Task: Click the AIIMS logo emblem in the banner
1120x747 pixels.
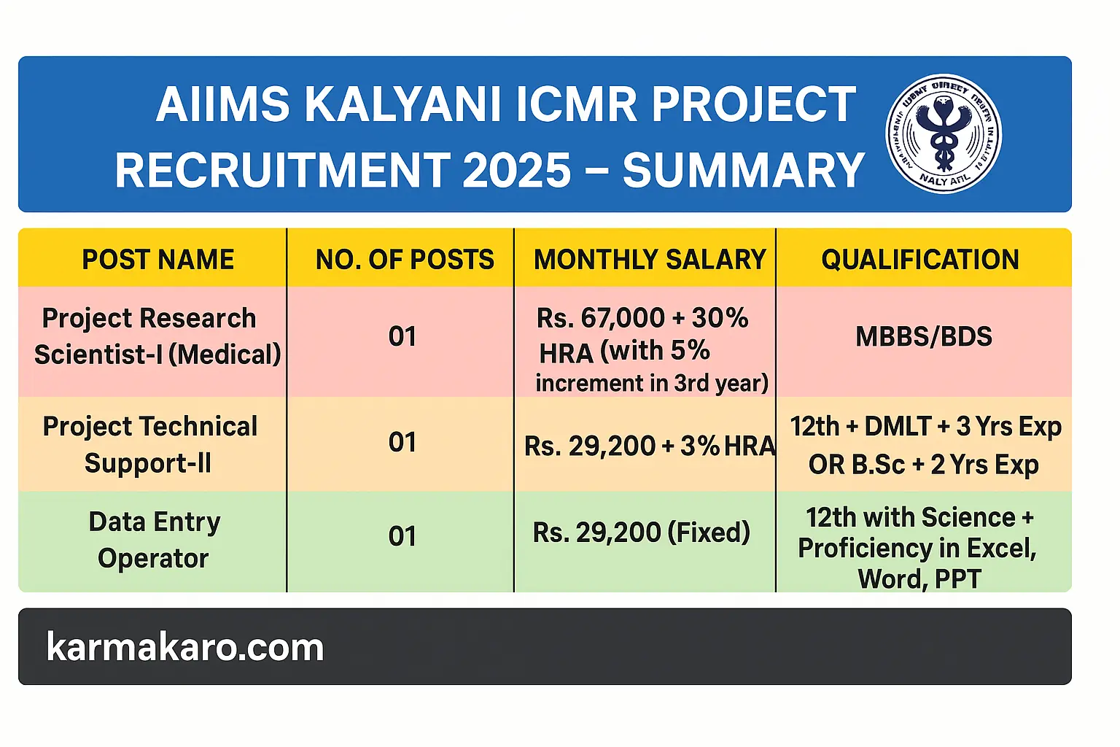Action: (944, 134)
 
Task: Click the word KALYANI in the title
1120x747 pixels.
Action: (402, 104)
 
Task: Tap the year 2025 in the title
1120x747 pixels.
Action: (517, 171)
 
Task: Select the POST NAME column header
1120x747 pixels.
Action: (157, 260)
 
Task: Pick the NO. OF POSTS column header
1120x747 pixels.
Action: (405, 260)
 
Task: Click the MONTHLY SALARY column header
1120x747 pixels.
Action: (650, 260)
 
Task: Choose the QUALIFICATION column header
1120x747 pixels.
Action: (920, 260)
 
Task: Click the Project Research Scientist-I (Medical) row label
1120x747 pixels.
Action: (157, 336)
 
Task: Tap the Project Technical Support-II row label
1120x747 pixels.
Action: (149, 444)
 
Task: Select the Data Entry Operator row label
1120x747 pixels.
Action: (154, 540)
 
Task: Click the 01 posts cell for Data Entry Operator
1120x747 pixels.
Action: (402, 537)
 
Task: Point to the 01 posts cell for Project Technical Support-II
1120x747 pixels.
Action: (402, 443)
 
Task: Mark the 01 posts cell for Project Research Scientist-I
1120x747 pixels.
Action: (402, 336)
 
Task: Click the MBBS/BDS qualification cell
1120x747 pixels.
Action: (924, 336)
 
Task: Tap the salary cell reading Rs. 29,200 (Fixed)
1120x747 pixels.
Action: (642, 533)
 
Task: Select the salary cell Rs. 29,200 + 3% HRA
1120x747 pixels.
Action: (649, 446)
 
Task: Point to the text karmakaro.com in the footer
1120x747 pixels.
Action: (185, 647)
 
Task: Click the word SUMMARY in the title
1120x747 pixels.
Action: (743, 171)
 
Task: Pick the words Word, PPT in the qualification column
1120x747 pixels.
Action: (919, 578)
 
